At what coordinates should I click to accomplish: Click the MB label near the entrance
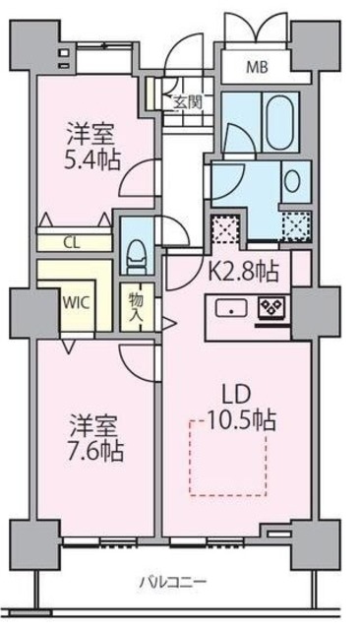[x=257, y=68]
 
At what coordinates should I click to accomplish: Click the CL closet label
[x=74, y=239]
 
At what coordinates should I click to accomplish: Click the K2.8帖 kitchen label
[x=248, y=269]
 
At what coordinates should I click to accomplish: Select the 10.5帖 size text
[x=241, y=421]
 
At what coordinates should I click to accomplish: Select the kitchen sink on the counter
[x=230, y=308]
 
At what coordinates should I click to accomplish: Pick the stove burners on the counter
[x=271, y=308]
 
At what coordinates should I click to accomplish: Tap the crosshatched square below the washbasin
[x=294, y=226]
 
